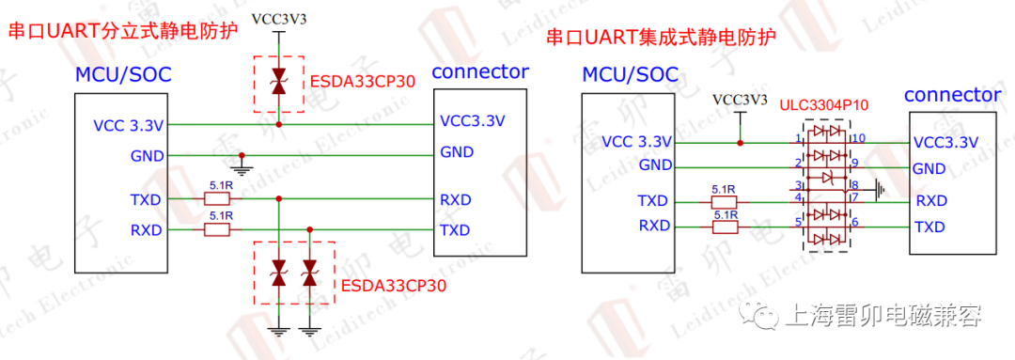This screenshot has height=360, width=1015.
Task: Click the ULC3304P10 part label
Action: tap(823, 106)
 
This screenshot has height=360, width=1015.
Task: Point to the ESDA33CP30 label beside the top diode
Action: tap(362, 81)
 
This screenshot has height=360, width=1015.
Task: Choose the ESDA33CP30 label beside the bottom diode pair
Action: tap(393, 284)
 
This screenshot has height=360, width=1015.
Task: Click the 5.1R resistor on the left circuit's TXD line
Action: tap(220, 199)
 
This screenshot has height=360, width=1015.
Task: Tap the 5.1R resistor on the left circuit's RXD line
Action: tap(220, 229)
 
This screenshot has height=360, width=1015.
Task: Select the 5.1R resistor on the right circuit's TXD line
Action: tap(724, 201)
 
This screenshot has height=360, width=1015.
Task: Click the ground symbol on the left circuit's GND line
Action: tap(242, 169)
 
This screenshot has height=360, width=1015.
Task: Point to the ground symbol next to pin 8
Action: tap(880, 190)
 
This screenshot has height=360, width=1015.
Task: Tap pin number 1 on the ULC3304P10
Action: tap(798, 139)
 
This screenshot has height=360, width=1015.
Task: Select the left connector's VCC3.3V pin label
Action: tap(473, 122)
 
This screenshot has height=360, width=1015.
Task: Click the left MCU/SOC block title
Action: tap(123, 74)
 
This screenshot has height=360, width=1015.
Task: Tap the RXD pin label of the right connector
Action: tap(930, 200)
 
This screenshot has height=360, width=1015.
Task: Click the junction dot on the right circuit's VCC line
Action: tap(741, 143)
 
